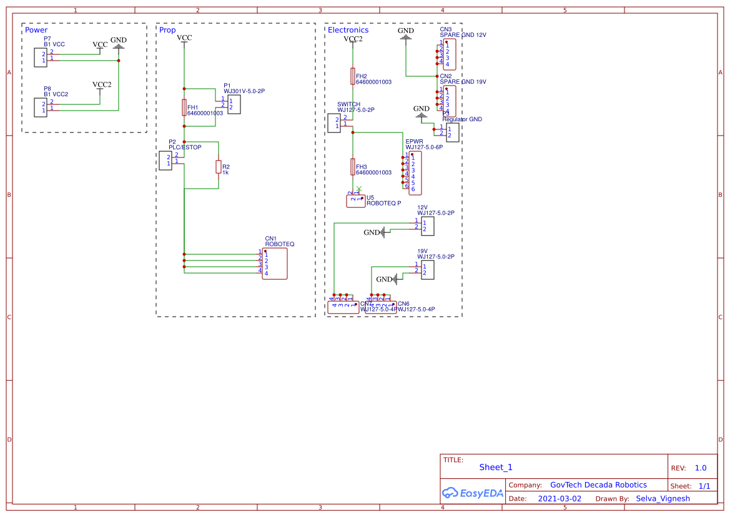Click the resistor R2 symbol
point(219,167)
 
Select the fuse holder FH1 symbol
point(184,107)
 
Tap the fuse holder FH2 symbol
point(353,76)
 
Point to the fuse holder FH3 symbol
point(353,167)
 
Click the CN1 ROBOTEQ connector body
point(275,263)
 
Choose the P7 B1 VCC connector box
point(40,57)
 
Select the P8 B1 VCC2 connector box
point(40,107)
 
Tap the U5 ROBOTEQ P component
point(355,201)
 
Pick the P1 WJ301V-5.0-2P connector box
point(234,104)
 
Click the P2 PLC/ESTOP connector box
point(165,160)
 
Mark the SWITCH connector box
point(334,122)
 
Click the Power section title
point(36,30)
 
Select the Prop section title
point(167,30)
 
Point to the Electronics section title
point(348,30)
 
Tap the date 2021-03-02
point(560,499)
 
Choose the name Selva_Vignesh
point(663,499)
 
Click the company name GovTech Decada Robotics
point(598,485)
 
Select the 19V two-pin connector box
point(427,270)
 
